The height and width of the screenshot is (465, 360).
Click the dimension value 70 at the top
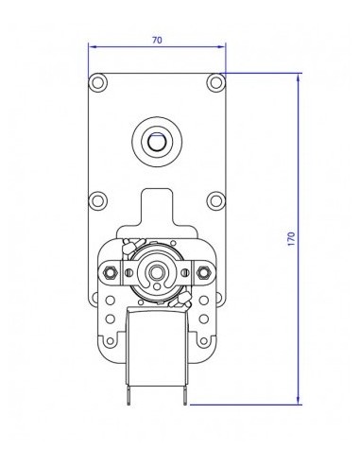click(x=157, y=40)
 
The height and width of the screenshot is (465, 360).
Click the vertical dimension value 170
click(x=290, y=238)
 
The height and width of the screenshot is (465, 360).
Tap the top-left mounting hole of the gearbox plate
click(x=98, y=84)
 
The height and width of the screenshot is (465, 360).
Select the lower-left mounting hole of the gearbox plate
click(x=98, y=200)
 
